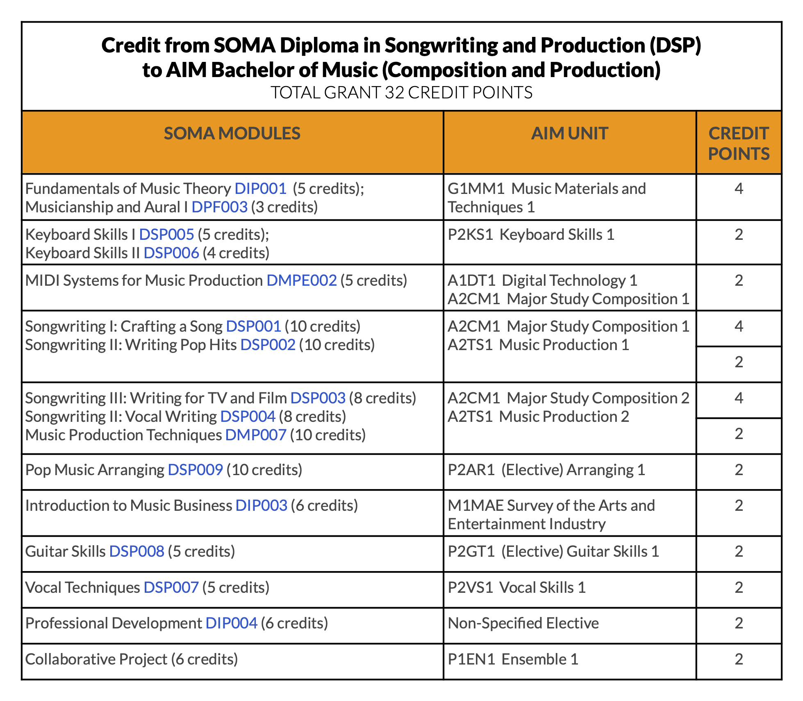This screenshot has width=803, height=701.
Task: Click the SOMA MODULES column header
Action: [232, 134]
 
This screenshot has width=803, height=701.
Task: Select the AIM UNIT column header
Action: [569, 134]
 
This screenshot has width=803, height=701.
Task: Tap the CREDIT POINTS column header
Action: [739, 143]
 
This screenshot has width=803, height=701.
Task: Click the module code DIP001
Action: [260, 189]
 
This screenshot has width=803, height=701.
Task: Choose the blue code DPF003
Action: [220, 207]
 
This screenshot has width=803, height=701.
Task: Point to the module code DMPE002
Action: [302, 280]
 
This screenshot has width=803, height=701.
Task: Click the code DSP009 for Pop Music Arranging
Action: [196, 470]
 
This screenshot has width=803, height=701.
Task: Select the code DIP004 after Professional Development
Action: [231, 623]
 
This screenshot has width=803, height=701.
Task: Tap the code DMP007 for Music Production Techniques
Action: [256, 435]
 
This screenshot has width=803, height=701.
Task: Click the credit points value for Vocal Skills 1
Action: [739, 587]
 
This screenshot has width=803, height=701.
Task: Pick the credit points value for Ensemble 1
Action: [739, 659]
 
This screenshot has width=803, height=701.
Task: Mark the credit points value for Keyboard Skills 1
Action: [739, 234]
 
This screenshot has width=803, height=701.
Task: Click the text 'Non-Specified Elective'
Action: [523, 623]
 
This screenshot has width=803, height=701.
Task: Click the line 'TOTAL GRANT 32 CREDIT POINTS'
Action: [401, 93]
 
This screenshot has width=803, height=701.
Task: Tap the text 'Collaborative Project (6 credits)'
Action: [132, 659]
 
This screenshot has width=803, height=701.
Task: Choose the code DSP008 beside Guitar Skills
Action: [137, 551]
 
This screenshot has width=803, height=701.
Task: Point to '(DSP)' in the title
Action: [675, 45]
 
